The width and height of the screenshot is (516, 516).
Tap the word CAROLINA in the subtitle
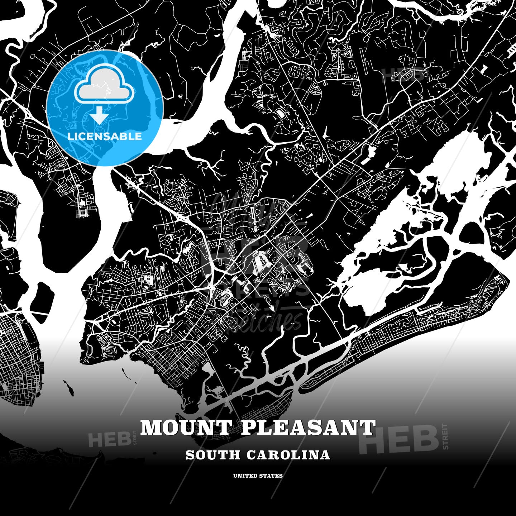coord(288,455)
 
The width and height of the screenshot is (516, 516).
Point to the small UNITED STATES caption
coord(258,476)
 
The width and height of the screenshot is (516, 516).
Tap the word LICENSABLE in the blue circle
coord(105,136)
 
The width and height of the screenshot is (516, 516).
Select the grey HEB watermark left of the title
coord(109,440)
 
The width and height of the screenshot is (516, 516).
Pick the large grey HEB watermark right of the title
coord(399,438)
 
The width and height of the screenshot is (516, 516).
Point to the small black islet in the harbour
coord(68,388)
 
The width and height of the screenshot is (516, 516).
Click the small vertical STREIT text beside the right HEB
coord(445,436)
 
